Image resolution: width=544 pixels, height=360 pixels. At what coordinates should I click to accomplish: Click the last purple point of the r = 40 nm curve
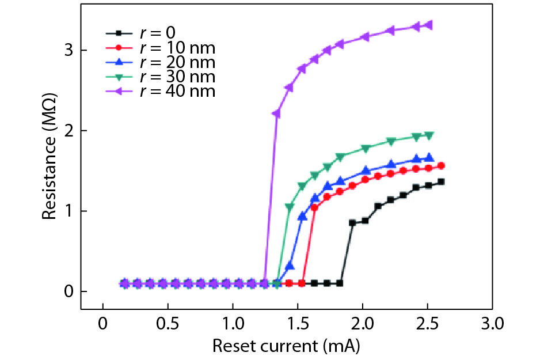point(429,25)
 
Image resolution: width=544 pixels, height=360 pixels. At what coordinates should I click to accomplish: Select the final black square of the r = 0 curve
point(442,182)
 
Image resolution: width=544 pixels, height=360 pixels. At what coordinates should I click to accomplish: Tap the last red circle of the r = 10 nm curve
point(442,166)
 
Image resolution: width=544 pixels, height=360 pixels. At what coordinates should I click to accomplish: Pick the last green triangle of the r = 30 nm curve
point(429,135)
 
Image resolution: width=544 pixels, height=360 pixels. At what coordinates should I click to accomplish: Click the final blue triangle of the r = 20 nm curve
point(429,157)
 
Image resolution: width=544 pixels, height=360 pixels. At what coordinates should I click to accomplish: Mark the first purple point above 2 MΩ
point(276,114)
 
